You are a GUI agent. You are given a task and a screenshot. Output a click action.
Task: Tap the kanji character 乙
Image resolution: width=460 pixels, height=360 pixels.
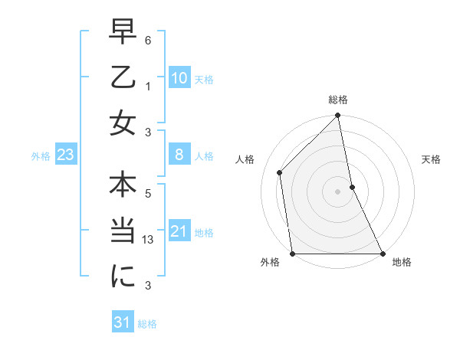[122, 77]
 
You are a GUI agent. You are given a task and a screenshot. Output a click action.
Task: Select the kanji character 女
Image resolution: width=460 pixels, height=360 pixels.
[122, 123]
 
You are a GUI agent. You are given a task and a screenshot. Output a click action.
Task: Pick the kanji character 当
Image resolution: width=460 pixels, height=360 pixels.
[122, 231]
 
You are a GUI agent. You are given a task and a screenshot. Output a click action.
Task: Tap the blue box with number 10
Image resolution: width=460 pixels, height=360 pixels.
[179, 78]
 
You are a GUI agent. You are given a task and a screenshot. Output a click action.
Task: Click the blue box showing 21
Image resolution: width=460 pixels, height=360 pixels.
[179, 232]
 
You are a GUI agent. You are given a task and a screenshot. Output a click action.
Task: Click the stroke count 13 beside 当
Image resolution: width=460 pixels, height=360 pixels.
[149, 240]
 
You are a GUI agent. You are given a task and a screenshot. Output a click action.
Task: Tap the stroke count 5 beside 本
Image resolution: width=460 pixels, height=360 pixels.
[149, 194]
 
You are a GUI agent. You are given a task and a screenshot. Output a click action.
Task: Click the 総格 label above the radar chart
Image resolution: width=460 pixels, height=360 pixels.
[338, 100]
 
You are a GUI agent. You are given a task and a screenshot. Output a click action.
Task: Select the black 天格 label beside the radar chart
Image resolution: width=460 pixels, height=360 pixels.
[432, 159]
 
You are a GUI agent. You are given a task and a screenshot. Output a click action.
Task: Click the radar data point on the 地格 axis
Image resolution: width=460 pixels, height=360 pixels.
[383, 254]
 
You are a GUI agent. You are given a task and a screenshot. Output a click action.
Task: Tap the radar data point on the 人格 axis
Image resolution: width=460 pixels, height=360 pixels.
[280, 172]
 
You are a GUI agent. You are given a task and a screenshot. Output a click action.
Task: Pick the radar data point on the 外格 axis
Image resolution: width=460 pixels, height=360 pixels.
[292, 254]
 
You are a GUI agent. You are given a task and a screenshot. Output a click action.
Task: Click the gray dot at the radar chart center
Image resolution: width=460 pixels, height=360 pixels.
[337, 191]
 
